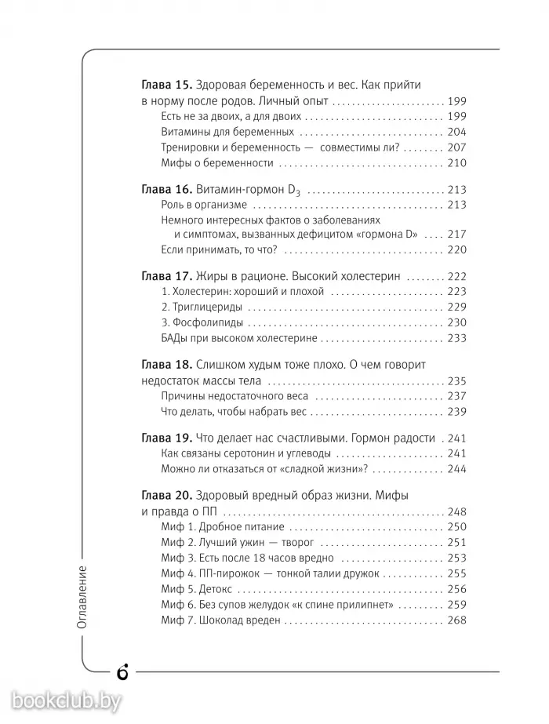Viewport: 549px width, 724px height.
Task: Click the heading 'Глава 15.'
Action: [x=166, y=85]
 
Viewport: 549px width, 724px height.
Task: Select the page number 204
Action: [x=456, y=132]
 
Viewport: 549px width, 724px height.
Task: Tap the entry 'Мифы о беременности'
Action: [x=216, y=163]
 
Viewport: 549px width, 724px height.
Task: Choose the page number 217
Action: [x=456, y=235]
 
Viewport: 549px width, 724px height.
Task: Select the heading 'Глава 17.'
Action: [x=166, y=277]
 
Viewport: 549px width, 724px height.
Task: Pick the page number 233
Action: [x=456, y=338]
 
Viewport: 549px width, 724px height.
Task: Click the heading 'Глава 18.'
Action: [x=166, y=366]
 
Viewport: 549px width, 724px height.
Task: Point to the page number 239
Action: [x=456, y=411]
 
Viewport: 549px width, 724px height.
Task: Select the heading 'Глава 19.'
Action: [x=166, y=438]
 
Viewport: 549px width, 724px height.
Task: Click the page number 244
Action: [x=456, y=468]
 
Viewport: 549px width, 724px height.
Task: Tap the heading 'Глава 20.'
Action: [x=166, y=496]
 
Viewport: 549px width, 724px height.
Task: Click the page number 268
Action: [x=456, y=620]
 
